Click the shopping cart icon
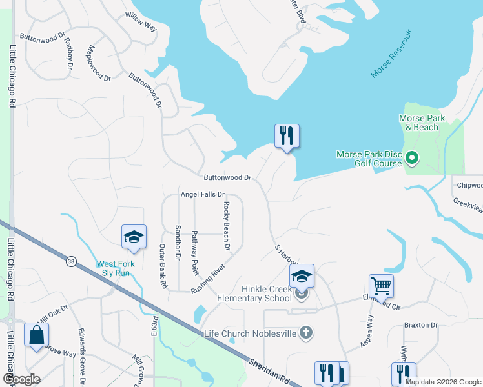click(381, 285)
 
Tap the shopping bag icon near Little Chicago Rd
click(36, 335)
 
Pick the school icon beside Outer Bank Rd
click(134, 237)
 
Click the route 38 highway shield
click(70, 261)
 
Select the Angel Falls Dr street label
click(202, 194)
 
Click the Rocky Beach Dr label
click(227, 226)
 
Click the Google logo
click(21, 379)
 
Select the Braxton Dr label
click(421, 325)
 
